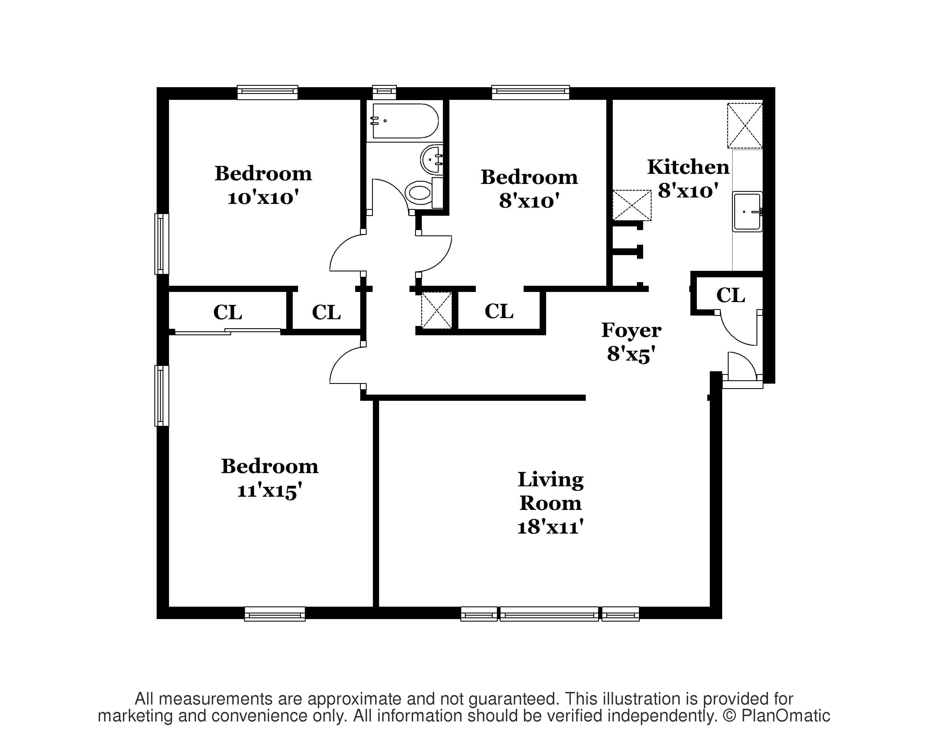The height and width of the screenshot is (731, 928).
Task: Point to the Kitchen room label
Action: pyautogui.click(x=688, y=167)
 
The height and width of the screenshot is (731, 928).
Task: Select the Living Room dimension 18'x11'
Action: pyautogui.click(x=551, y=527)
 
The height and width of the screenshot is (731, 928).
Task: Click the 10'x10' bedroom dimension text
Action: pyautogui.click(x=263, y=198)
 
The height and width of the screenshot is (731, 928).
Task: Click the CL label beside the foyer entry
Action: pyautogui.click(x=730, y=295)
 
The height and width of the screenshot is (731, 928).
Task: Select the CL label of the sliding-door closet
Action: pyautogui.click(x=228, y=312)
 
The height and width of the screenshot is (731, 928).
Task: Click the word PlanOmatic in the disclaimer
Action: pyautogui.click(x=786, y=715)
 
